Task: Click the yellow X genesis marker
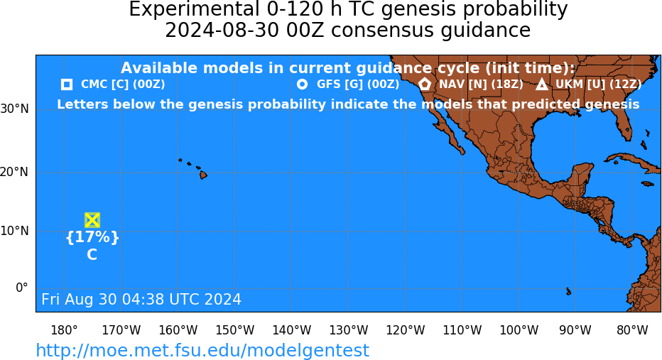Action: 92,220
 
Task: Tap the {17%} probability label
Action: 92,236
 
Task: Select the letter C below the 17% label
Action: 92,254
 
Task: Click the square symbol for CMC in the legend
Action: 67,84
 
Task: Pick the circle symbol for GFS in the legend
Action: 302,84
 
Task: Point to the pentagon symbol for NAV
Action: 425,84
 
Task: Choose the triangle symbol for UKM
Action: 542,84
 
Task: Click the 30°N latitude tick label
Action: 14,109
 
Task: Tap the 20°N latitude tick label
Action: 14,172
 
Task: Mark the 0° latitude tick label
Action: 22,288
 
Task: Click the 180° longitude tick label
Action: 64,330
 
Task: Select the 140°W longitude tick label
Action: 292,330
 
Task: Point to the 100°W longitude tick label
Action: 519,330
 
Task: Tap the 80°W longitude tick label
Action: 632,330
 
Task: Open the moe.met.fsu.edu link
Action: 202,350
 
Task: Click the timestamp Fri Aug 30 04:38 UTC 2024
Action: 141,299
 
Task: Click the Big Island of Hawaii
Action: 203,174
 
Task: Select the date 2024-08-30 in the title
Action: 222,31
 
